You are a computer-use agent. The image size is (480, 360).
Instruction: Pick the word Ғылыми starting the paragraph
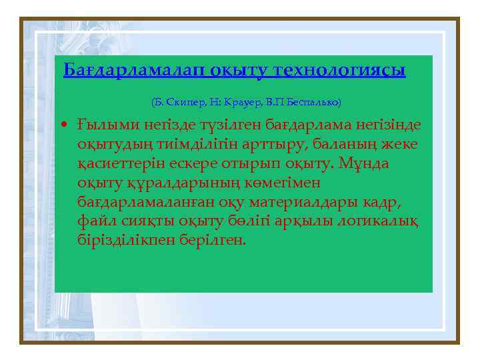point(100,125)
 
